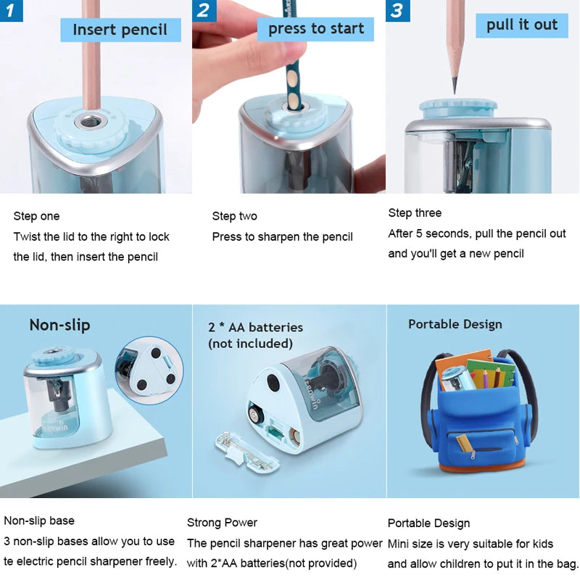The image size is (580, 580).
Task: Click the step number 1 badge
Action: coord(12,10)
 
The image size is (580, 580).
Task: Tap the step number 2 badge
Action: coord(204,10)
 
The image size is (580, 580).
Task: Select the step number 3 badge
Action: coord(397,10)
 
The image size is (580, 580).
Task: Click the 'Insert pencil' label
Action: coord(120,30)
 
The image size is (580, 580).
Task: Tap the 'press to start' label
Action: coord(315,29)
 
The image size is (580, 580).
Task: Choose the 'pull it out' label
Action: coord(521,25)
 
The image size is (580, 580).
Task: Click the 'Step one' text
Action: coord(36,216)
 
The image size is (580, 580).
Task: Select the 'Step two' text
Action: coord(234,216)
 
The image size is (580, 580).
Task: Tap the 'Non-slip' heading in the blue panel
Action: coord(59,325)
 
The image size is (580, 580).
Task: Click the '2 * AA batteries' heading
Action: coord(255,328)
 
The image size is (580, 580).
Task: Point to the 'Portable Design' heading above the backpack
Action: coord(455,324)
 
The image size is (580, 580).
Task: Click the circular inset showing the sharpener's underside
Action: coord(149,370)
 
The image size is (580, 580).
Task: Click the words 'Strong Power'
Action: coord(222,523)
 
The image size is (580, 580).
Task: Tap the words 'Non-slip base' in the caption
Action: coord(39,521)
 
